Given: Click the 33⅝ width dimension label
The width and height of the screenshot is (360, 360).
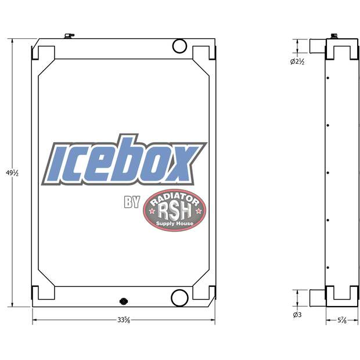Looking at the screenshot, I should [123, 320].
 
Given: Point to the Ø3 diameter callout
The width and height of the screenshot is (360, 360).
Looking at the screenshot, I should [297, 315].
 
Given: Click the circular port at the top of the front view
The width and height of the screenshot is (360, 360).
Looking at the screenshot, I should [179, 45].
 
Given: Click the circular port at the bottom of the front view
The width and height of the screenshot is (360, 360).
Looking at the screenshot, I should [179, 298].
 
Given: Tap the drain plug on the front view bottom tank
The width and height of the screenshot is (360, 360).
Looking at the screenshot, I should [123, 301].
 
